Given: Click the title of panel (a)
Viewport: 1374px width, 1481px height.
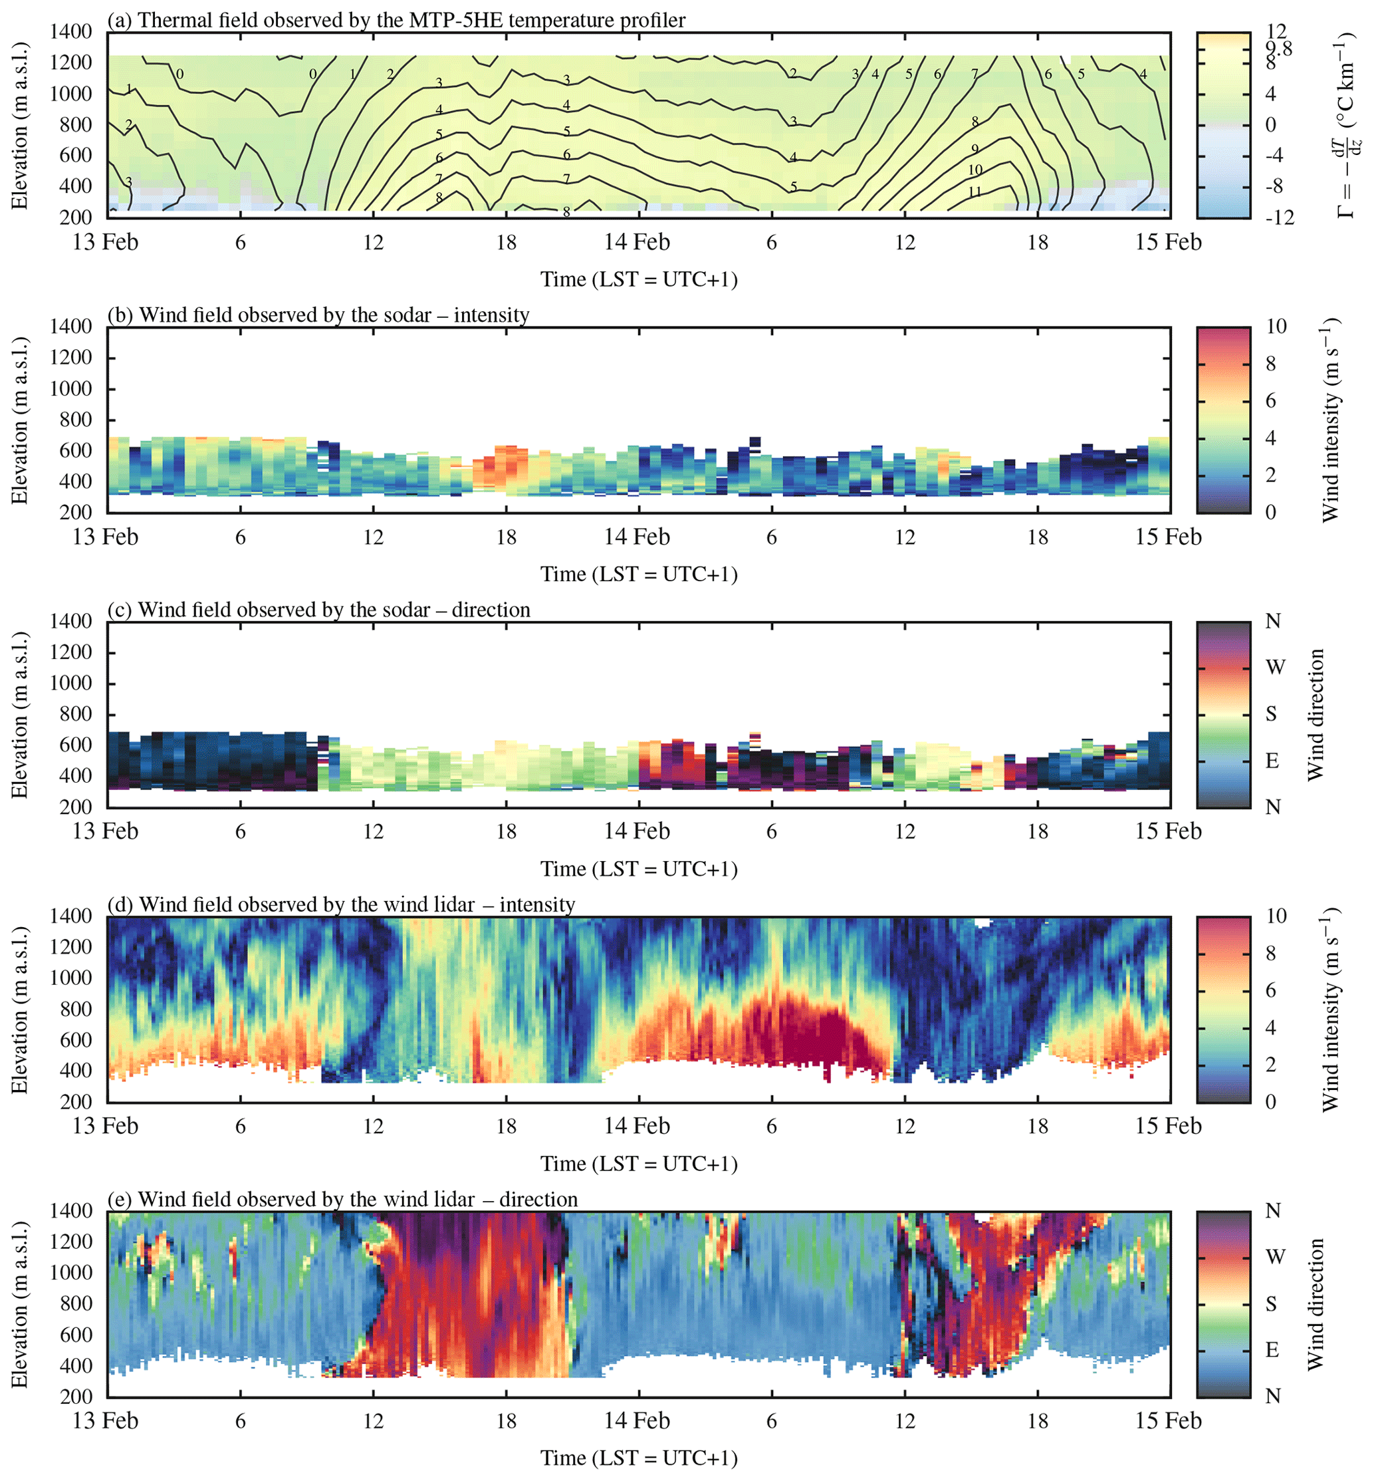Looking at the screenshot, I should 396,19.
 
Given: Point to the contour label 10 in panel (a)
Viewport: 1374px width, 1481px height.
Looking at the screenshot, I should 975,170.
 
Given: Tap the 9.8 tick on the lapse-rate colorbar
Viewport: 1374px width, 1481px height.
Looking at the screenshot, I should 1279,49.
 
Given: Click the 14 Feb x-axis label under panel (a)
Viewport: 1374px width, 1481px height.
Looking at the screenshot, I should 637,243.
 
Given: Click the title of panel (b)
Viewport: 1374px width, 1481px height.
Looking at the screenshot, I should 318,315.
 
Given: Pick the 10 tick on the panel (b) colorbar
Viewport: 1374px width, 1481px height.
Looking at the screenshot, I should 1276,327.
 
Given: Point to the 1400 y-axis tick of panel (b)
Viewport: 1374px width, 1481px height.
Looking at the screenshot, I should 71,327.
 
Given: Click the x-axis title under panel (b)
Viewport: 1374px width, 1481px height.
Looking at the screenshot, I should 639,575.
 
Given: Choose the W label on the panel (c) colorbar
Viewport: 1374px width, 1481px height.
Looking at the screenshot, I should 1275,667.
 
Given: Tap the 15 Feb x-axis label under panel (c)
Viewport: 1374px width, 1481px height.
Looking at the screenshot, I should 1168,831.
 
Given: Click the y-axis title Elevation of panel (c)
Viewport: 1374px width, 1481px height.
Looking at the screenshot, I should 19,715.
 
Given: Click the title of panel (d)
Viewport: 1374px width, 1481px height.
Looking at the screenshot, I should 341,904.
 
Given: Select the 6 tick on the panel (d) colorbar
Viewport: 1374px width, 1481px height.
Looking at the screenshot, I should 1271,990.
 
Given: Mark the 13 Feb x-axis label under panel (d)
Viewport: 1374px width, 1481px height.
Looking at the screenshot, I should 106,1125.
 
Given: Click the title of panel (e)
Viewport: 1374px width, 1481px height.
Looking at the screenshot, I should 343,1199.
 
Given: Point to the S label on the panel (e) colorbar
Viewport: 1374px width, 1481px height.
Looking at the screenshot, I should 1272,1304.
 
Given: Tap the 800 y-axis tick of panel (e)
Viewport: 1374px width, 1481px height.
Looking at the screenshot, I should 76,1303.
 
